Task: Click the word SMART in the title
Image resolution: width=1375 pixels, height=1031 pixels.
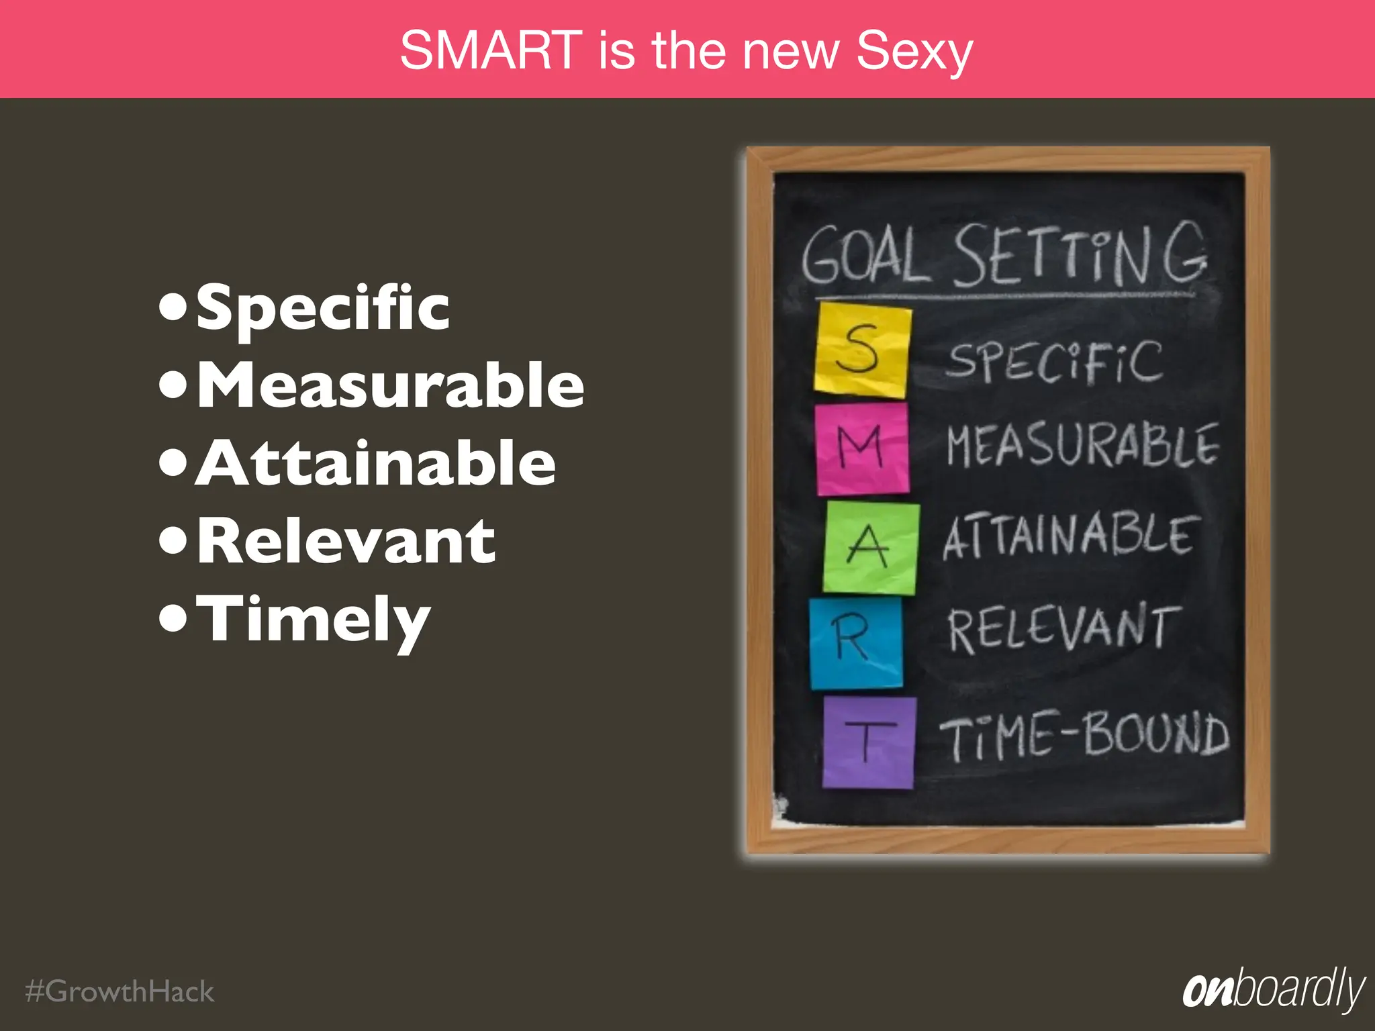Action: [x=491, y=50]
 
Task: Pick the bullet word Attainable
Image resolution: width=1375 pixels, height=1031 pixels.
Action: [x=376, y=462]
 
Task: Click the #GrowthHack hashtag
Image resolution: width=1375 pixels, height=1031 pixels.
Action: [x=120, y=991]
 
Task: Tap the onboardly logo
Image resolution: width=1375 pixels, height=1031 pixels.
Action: [x=1273, y=989]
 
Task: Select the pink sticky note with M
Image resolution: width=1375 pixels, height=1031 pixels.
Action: [x=862, y=448]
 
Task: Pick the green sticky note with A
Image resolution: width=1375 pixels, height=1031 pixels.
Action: [x=871, y=547]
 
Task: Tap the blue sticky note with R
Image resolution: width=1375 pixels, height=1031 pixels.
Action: [x=855, y=643]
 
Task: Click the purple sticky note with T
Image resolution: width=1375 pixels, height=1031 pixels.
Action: [x=869, y=742]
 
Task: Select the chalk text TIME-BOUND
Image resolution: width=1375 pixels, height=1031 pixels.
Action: [x=1084, y=736]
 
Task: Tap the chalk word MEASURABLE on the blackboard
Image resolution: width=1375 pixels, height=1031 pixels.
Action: [x=1082, y=446]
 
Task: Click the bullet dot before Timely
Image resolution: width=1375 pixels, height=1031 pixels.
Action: [x=173, y=619]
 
